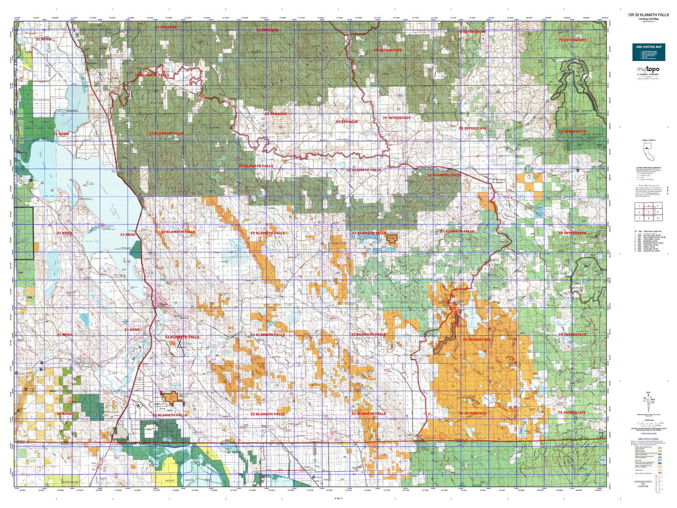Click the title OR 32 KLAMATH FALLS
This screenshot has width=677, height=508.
pyautogui.click(x=648, y=15)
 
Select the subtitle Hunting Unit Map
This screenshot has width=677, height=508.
pyautogui.click(x=648, y=19)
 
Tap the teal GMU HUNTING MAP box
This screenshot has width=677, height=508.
pyautogui.click(x=648, y=52)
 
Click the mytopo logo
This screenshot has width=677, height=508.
pyautogui.click(x=648, y=70)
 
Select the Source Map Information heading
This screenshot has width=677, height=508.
pyautogui.click(x=648, y=186)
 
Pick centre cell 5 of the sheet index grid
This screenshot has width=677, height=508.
pyautogui.click(x=648, y=212)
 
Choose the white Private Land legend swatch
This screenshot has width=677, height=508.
pyautogui.click(x=660, y=470)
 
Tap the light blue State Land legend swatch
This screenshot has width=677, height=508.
pyautogui.click(x=660, y=460)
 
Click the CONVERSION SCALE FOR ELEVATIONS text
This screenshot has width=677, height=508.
pyautogui.click(x=648, y=484)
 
